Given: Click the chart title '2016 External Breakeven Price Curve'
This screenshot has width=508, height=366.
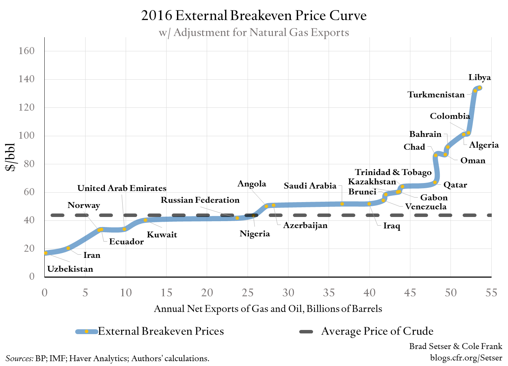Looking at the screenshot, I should (254, 16).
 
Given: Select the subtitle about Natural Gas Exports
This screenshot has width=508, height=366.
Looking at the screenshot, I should (254, 33).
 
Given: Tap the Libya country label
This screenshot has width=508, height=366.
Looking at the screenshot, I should (480, 77).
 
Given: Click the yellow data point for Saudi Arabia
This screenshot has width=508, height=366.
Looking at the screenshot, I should (342, 204).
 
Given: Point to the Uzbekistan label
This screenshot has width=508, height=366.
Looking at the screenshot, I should (70, 269).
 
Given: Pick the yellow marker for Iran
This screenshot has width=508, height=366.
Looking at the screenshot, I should (68, 248).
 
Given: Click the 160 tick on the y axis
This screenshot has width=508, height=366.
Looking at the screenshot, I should (27, 51).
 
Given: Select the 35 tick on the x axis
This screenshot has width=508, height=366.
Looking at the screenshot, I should (329, 293).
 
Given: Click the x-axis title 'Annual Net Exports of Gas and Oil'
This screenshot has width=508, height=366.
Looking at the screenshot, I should (268, 309).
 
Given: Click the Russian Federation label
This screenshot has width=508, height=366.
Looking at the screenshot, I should (200, 200).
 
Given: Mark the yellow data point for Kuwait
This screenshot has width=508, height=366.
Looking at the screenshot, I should (145, 220).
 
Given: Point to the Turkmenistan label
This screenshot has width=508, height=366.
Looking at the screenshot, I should (436, 95).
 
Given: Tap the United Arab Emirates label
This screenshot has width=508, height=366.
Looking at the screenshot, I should (122, 188).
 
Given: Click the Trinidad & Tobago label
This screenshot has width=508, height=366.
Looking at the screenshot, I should (393, 172).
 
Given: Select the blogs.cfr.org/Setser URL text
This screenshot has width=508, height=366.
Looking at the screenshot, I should (466, 358).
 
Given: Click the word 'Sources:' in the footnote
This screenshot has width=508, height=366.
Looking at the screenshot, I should (19, 358).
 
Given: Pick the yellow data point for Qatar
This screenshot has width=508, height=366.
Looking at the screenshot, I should (435, 182).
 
